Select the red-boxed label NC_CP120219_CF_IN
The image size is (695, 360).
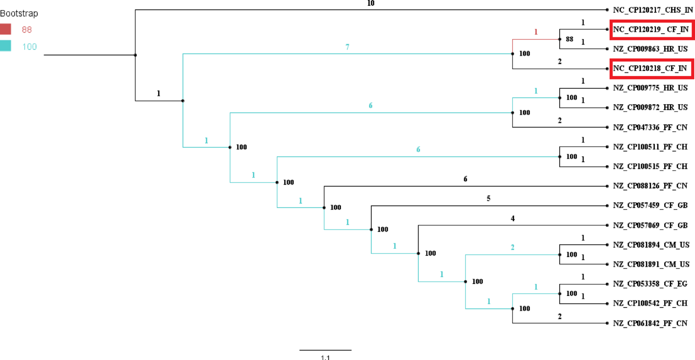tap(651, 29)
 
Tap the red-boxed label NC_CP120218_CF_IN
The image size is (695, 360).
tap(650, 68)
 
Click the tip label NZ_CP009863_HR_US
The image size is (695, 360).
tap(650, 49)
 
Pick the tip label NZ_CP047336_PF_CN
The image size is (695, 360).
tap(650, 127)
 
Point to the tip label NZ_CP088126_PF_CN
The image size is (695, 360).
tap(650, 186)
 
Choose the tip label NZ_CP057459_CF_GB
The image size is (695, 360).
tap(650, 205)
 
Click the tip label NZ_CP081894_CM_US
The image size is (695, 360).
tap(651, 245)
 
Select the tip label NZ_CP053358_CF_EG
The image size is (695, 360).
tap(650, 284)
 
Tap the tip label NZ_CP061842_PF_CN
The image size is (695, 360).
tap(650, 323)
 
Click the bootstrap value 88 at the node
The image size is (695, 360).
tap(569, 39)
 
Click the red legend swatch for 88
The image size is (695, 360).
tap(5, 29)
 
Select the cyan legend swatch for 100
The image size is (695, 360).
tap(5, 46)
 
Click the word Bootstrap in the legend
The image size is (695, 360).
tap(19, 13)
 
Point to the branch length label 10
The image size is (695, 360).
tap(371, 3)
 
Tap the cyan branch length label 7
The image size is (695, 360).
tap(347, 47)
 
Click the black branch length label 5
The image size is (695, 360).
tap(488, 198)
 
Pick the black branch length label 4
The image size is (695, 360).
tap(512, 218)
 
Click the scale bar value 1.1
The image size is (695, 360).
tap(325, 357)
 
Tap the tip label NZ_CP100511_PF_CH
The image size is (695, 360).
tap(650, 147)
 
